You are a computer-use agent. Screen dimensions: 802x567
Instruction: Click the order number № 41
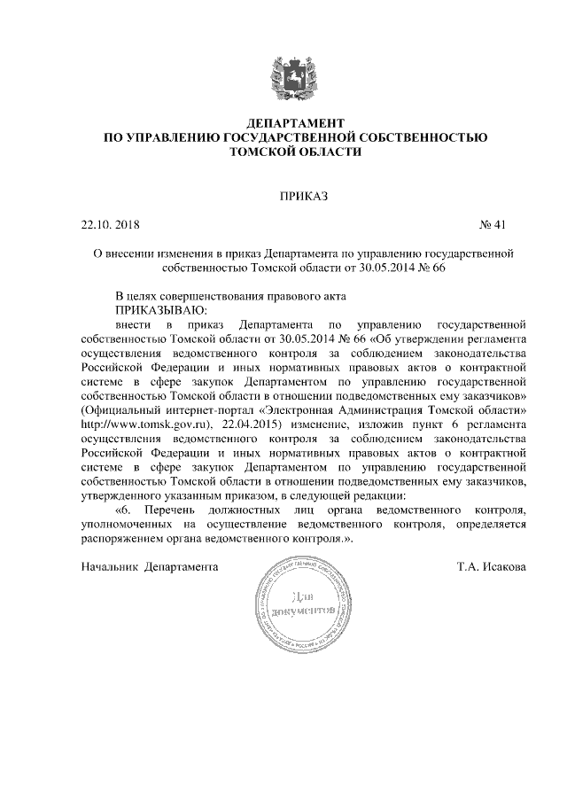click(x=492, y=224)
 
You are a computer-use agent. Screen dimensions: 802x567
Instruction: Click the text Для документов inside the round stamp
click(x=302, y=605)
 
